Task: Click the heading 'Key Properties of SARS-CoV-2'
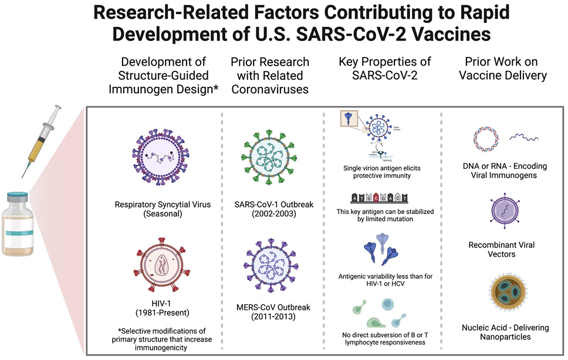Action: coord(385,68)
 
